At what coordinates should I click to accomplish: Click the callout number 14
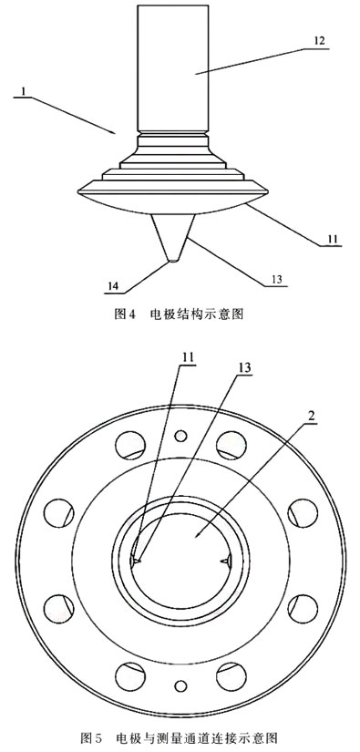[x=112, y=285]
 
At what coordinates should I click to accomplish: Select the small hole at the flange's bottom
[x=181, y=685]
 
